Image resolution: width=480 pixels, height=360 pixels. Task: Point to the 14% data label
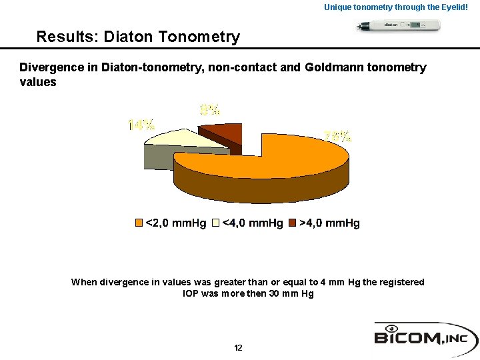pos(141,125)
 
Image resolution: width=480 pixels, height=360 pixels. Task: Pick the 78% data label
pos(338,137)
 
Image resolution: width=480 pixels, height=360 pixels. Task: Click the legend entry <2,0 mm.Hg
pos(175,223)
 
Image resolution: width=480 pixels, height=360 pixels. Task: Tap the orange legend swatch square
pos(139,223)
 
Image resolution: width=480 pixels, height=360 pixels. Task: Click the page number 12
pos(238,348)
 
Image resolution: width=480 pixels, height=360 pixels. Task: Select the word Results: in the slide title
pos(65,37)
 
